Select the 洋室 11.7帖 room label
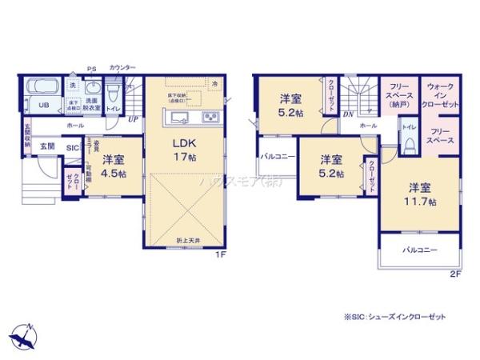[x=420, y=194]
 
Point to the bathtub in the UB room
[x=38, y=87]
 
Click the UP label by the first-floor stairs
[x=132, y=120]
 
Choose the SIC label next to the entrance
[x=71, y=148]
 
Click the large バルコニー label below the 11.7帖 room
[x=419, y=250]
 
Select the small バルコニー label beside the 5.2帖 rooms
[x=278, y=157]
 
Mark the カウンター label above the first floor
[x=122, y=67]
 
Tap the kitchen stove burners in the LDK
[x=214, y=119]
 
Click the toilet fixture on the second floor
[x=409, y=145]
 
